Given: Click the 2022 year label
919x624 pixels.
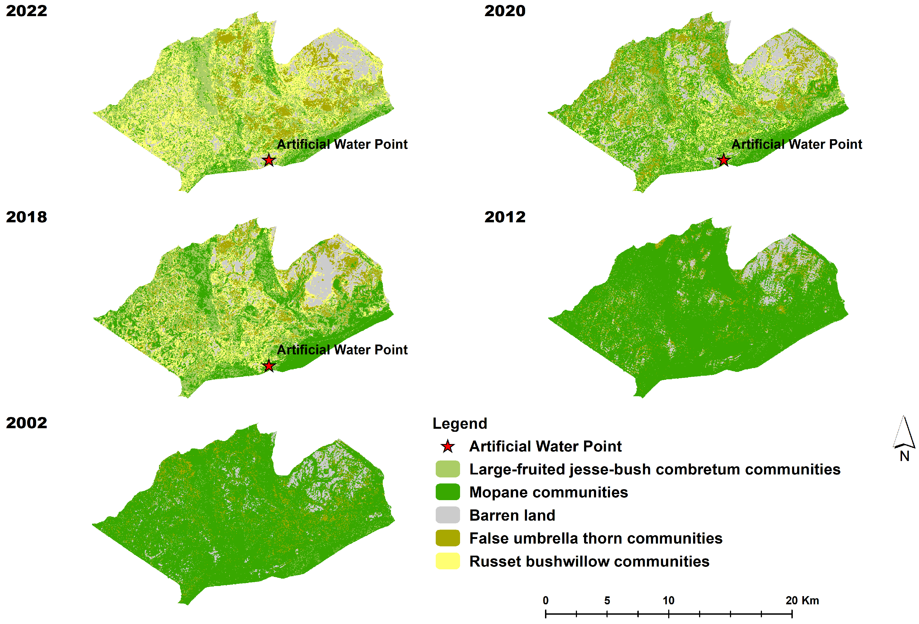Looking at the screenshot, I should [26, 11].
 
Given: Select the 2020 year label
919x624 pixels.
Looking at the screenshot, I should [505, 11].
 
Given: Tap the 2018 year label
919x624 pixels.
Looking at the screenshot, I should [26, 217].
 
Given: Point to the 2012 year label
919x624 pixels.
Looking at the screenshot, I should [505, 217].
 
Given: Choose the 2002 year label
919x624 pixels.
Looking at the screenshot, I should [26, 422].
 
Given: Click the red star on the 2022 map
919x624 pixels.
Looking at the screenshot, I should [269, 160].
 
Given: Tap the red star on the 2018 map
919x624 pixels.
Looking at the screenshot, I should [269, 366].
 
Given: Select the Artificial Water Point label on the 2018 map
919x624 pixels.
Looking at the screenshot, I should [342, 350].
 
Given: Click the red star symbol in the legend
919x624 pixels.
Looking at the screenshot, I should [448, 446].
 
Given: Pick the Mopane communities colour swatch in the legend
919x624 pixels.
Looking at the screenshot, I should [448, 492].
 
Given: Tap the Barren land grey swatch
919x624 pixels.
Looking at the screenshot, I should [448, 515].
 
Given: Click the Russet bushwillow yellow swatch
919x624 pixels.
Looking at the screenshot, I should [448, 561].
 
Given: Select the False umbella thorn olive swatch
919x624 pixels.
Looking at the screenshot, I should [448, 538].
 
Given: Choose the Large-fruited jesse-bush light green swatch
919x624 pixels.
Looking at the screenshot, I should [448, 469].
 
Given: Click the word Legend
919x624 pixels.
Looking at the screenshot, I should [459, 423].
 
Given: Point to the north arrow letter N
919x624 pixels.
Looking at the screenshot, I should [904, 456].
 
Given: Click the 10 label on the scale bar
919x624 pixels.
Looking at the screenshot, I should [668, 601].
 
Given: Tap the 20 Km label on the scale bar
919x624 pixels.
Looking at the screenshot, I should [802, 601].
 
